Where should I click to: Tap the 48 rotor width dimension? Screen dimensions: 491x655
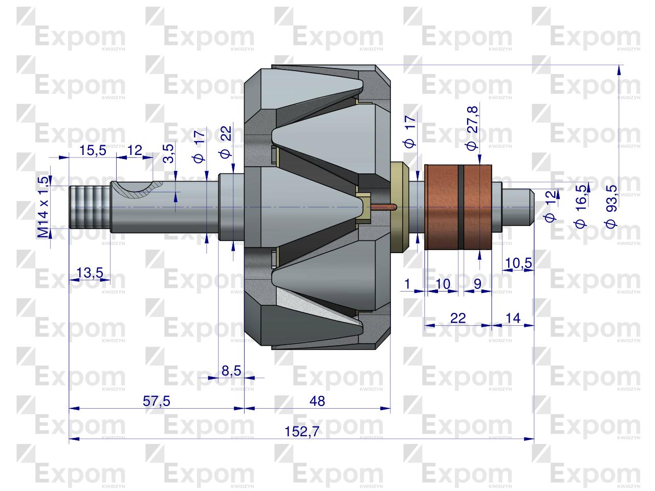click(x=317, y=401)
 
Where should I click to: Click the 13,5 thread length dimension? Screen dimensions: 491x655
click(x=90, y=273)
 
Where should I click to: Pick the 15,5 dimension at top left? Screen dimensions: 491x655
click(x=93, y=150)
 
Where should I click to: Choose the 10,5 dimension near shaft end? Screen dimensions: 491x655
click(x=518, y=263)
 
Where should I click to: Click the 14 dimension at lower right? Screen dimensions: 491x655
click(x=512, y=318)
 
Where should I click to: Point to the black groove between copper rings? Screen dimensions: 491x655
click(x=461, y=207)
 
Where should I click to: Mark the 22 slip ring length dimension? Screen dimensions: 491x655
click(x=458, y=318)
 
